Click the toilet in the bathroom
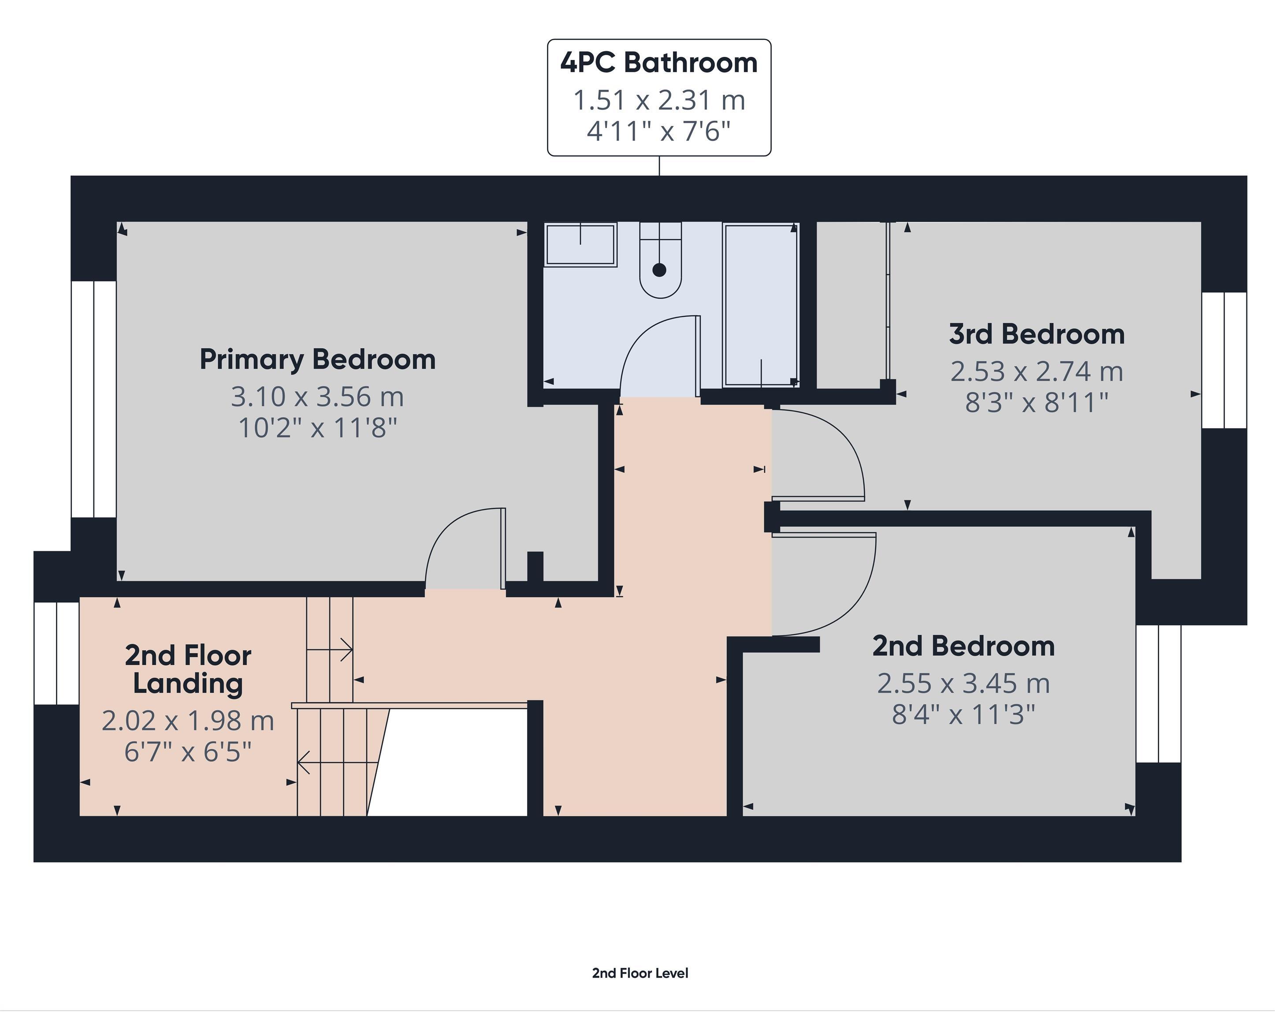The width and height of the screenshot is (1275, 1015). tap(660, 266)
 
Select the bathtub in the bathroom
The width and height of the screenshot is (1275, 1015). tap(761, 304)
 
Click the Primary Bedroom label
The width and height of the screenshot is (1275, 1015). tap(318, 359)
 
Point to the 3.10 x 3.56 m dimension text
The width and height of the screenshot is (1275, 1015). tap(318, 396)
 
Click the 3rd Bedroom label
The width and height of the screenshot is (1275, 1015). tap(1037, 335)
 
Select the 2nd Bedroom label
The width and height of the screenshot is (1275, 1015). tap(963, 646)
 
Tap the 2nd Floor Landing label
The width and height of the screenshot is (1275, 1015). tap(188, 669)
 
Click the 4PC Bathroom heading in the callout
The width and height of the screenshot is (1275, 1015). tap(659, 63)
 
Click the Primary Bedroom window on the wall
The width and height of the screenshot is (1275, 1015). tap(93, 399)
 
